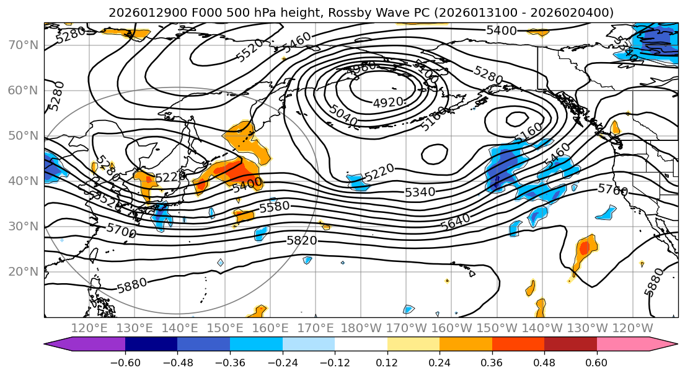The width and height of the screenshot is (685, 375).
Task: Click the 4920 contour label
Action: point(389,102)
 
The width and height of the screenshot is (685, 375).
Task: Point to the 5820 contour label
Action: point(302,240)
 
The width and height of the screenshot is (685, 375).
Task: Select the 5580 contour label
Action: point(275,207)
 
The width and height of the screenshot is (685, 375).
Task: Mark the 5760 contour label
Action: point(612,189)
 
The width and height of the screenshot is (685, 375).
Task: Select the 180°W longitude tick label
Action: point(361,328)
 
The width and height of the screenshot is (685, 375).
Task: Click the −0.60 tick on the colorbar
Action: point(125,363)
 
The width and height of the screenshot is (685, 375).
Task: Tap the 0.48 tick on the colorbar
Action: point(544,363)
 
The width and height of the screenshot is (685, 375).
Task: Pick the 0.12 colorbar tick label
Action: point(387,363)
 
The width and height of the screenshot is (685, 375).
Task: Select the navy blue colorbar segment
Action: point(151,345)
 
